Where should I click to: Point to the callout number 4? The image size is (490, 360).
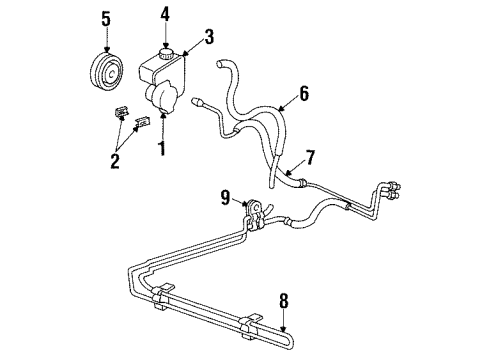click(167, 15)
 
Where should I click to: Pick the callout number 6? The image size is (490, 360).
click(304, 95)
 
